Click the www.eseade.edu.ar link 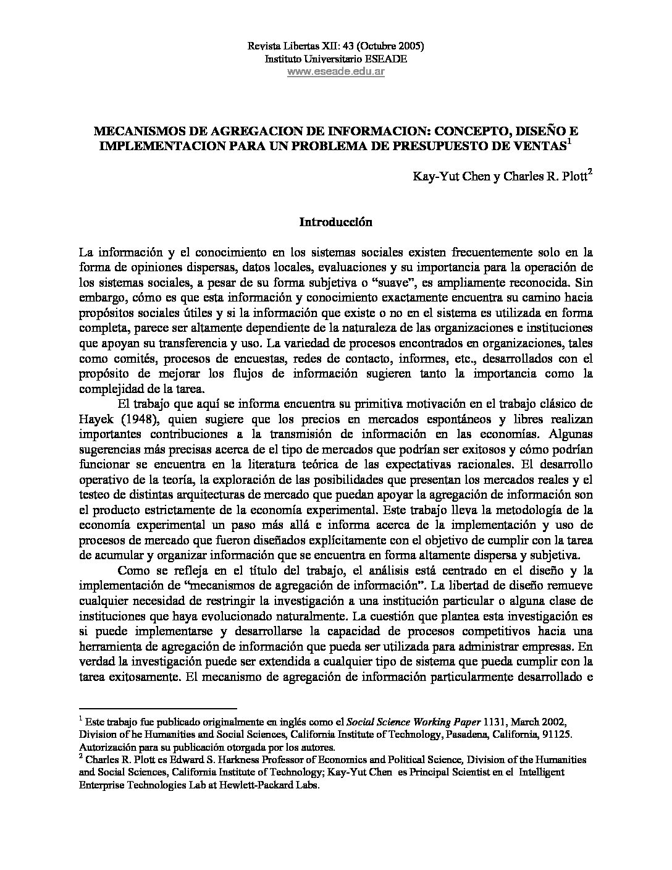pyautogui.click(x=335, y=71)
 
